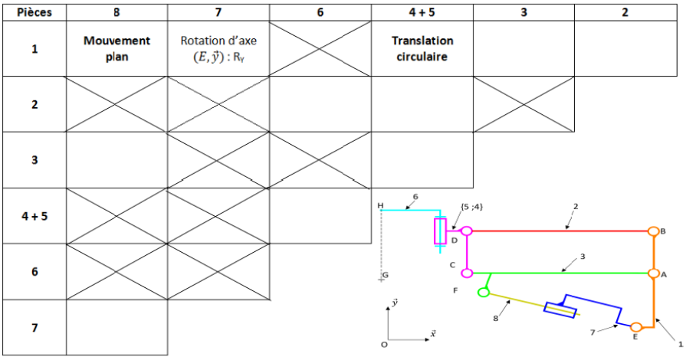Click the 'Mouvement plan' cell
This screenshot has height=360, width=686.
point(117,48)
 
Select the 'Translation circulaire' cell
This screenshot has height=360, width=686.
point(422,48)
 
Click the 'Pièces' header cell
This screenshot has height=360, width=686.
point(34,12)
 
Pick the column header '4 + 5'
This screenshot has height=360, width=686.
point(422,12)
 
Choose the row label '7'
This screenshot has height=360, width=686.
point(34,327)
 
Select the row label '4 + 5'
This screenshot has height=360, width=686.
point(34,216)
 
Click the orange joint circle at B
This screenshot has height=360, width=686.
point(653,231)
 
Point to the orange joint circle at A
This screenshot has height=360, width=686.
point(653,273)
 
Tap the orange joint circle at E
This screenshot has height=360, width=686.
point(636,327)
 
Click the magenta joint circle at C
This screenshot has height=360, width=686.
point(468,273)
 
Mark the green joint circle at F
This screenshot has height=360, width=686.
point(484,292)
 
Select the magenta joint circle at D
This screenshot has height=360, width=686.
point(467,231)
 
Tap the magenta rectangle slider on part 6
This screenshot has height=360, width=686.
point(440,231)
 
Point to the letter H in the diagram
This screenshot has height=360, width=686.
point(380,205)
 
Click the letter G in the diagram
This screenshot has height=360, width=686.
point(386,275)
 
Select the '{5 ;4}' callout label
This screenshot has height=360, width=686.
point(471,207)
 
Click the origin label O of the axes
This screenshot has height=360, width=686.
point(384,345)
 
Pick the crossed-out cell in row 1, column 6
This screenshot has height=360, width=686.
point(320,48)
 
